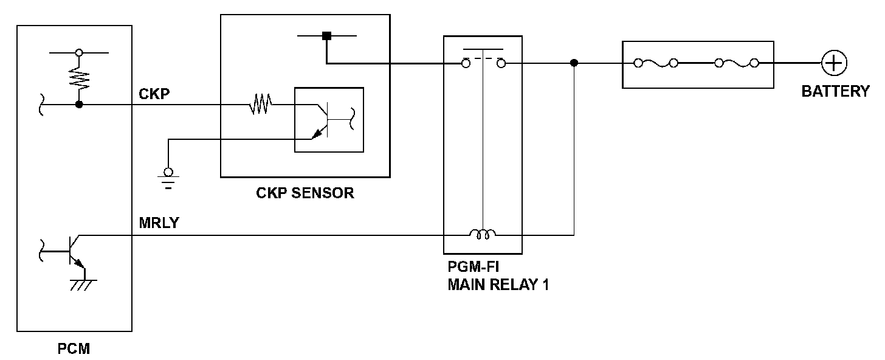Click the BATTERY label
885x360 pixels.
click(835, 92)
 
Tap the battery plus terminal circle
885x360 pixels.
click(834, 63)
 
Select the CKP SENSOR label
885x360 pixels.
click(305, 193)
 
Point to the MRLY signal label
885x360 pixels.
click(159, 223)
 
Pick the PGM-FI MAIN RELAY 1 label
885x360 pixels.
click(498, 275)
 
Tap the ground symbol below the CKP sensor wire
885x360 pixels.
click(168, 177)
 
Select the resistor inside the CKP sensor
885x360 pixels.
click(260, 105)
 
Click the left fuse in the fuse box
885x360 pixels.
click(656, 63)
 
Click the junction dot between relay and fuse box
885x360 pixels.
click(574, 63)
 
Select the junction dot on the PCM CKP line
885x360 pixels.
click(79, 105)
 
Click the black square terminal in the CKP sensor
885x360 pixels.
click(326, 36)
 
